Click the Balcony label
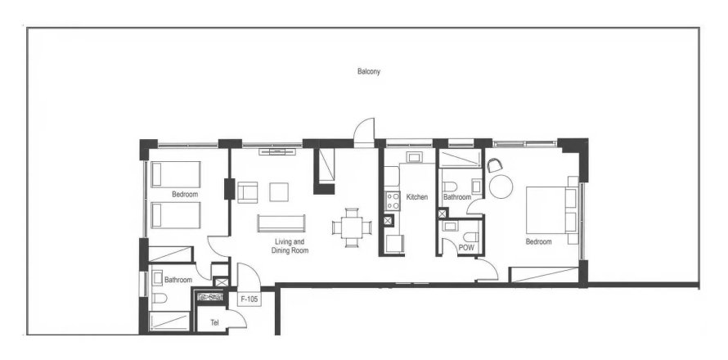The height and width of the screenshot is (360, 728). (x=368, y=72)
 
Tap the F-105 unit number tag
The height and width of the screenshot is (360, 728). (x=249, y=300)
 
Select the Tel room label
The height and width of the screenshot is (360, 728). (x=214, y=322)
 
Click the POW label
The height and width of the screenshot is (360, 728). (x=466, y=247)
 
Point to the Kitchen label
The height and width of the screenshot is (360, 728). (x=417, y=197)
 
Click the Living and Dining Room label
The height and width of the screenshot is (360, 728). (x=288, y=246)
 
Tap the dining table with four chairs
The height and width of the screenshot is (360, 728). (x=351, y=227)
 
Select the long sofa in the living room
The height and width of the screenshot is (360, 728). (x=281, y=223)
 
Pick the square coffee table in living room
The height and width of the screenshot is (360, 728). (x=279, y=191)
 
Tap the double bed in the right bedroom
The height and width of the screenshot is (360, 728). (x=547, y=209)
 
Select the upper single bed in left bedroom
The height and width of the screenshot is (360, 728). (x=176, y=173)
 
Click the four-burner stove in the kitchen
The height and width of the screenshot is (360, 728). (x=391, y=201)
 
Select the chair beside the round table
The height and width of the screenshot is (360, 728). (x=496, y=164)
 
